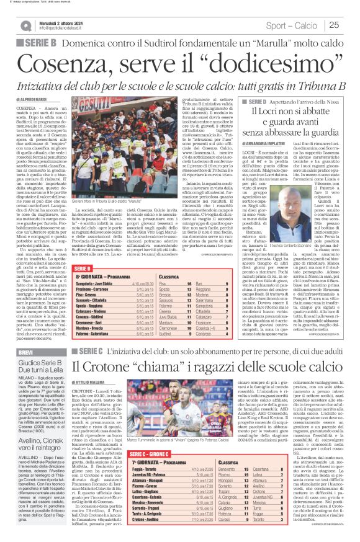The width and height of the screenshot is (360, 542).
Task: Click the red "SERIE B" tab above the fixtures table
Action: [x=82, y=267]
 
